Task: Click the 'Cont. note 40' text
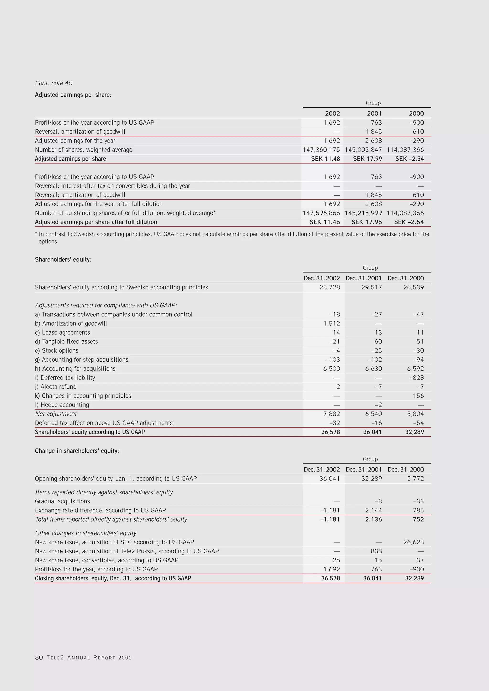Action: (53, 83)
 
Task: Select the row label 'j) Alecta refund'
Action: (56, 386)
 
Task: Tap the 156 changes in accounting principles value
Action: (418, 396)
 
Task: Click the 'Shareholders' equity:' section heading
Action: (63, 259)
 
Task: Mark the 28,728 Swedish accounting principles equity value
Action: (330, 287)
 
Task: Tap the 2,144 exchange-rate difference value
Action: (373, 510)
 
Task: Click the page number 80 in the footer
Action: (39, 657)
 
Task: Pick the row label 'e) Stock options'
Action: (57, 350)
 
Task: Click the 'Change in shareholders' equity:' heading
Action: (77, 451)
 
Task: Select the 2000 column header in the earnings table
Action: (416, 113)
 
